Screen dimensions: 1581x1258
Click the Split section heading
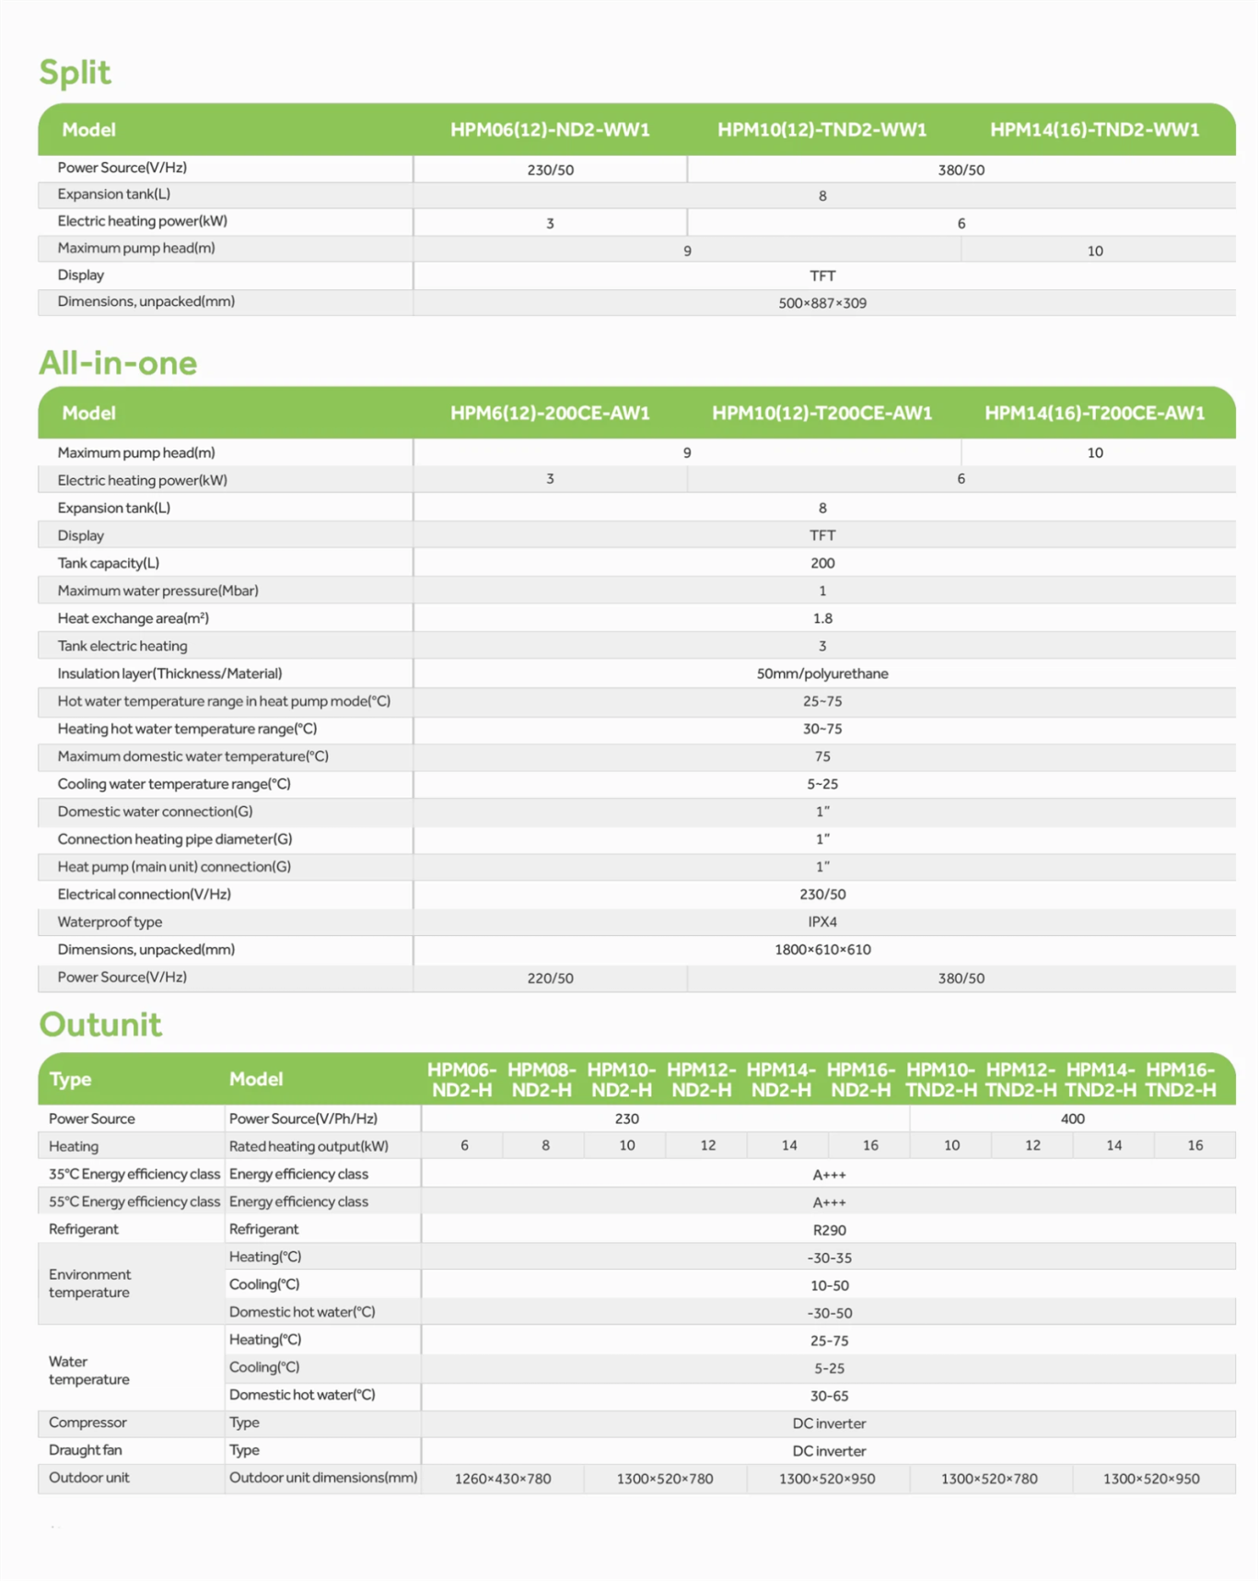coord(75,72)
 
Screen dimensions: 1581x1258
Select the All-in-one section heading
coord(118,363)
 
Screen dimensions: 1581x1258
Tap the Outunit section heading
coord(100,1025)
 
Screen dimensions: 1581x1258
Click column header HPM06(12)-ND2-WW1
coord(550,130)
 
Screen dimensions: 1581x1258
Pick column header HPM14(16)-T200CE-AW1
coord(1094,414)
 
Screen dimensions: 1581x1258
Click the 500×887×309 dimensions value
coord(822,303)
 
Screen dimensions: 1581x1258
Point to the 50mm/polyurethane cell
coord(822,673)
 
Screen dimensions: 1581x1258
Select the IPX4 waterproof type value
coord(822,922)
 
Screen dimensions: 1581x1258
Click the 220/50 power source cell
coord(550,978)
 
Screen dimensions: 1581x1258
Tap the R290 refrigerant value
coord(829,1230)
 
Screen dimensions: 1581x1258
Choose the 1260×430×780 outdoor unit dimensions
coord(503,1479)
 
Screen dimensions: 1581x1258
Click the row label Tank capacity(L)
coord(108,563)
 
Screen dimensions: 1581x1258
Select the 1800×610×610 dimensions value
coord(822,950)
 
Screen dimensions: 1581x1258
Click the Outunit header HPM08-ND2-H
coord(542,1080)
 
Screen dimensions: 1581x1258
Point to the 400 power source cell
coord(1072,1118)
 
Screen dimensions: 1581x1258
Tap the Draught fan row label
coord(85,1450)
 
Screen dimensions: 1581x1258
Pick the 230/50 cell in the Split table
coord(550,170)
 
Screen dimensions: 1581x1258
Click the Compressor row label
coord(87,1423)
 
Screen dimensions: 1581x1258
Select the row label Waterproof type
coord(110,922)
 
